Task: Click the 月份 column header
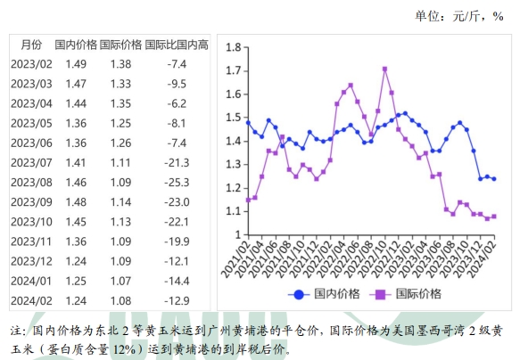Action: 30,45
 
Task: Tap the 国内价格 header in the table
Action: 76,45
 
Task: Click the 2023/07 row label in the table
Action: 30,162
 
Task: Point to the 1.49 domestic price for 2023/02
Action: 76,64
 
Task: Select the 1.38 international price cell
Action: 120,64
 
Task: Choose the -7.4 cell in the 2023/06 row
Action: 177,143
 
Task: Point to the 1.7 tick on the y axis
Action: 235,70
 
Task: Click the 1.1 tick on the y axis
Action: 235,211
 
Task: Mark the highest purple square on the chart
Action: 384,68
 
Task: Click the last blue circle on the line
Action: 494,179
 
